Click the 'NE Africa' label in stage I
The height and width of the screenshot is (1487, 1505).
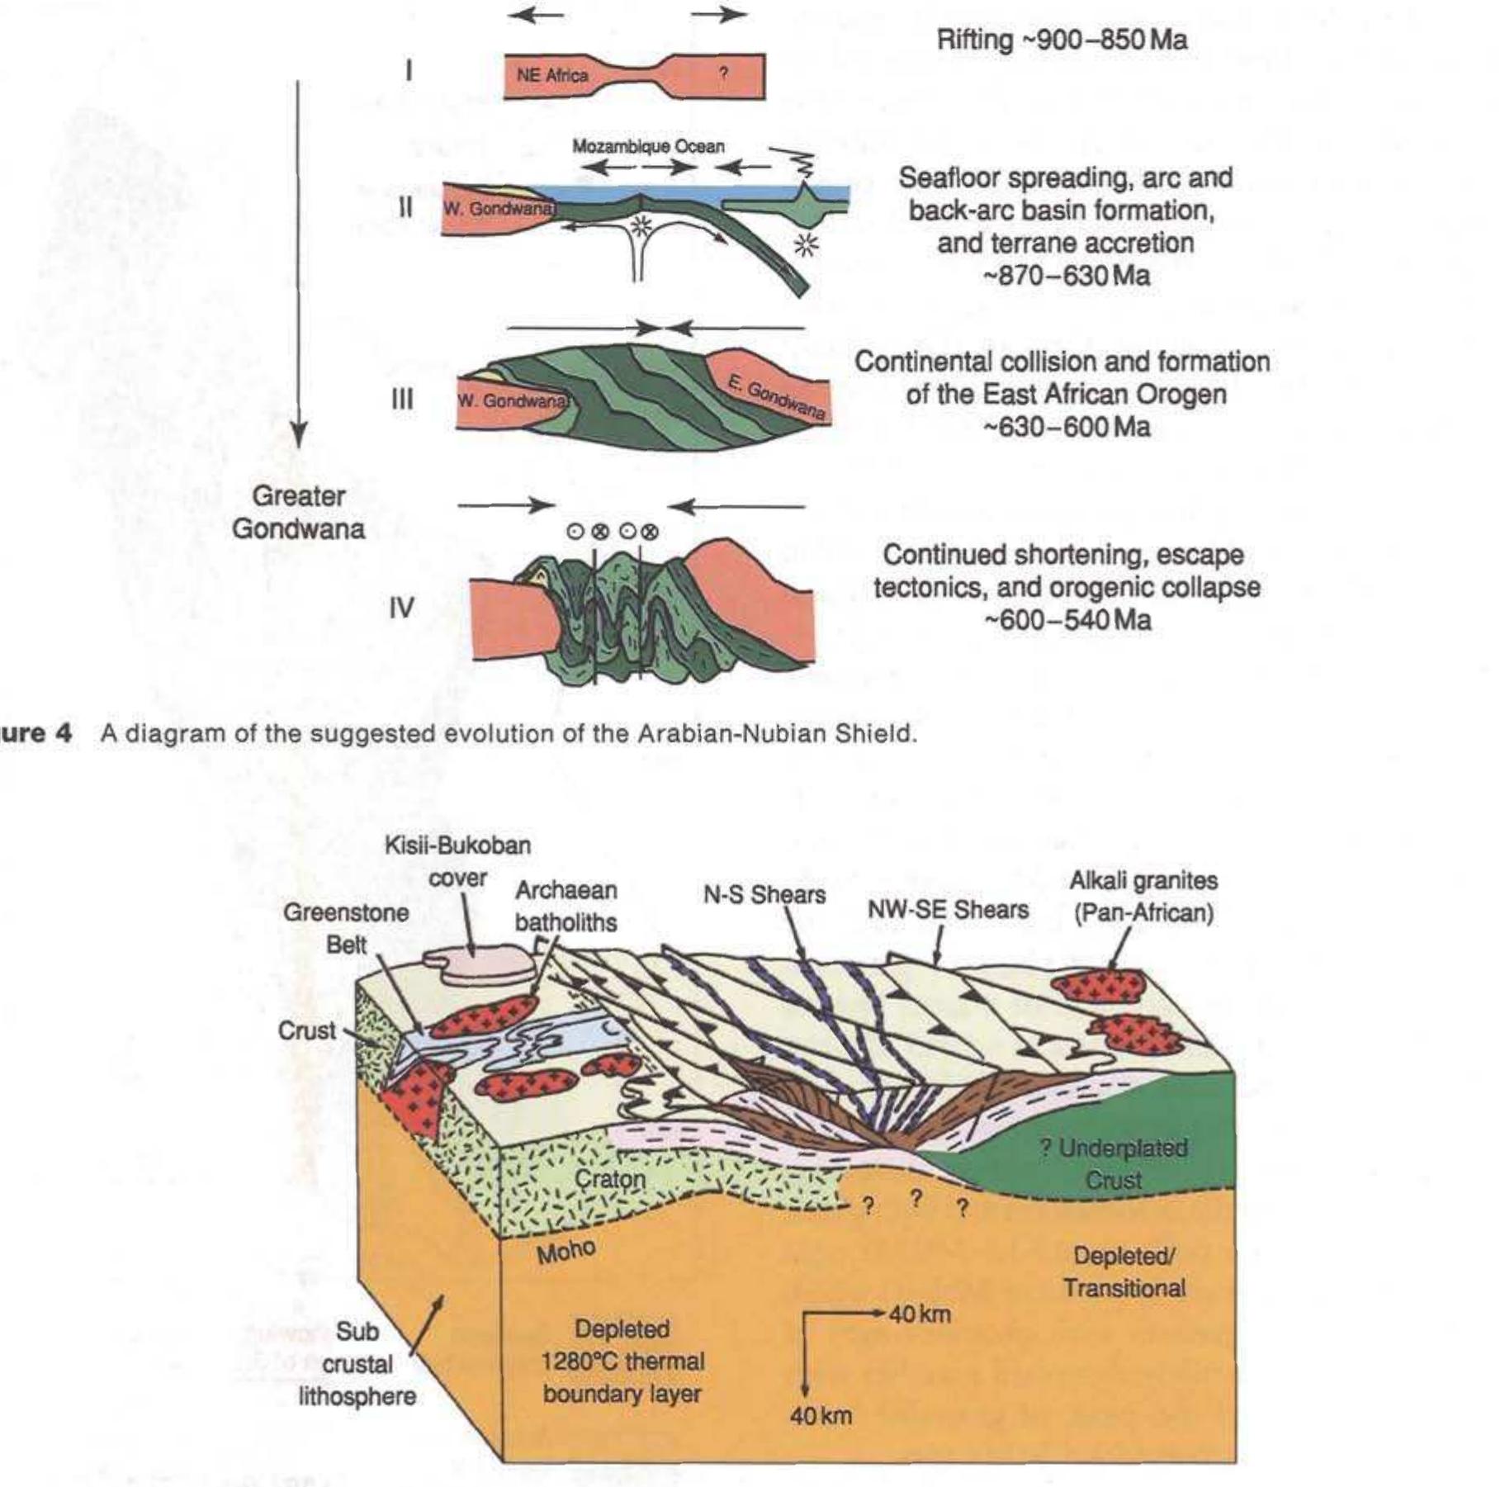tap(551, 75)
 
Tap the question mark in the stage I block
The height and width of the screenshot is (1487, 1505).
tap(722, 73)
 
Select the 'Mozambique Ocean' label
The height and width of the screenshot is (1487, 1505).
tap(648, 146)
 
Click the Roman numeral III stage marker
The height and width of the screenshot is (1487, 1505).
tap(402, 400)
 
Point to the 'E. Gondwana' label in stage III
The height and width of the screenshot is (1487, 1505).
tap(776, 396)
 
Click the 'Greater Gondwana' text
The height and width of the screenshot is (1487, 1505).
tap(298, 512)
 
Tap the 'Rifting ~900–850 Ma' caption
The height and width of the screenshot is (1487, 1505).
tap(1062, 40)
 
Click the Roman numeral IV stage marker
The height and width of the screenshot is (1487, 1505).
tap(401, 609)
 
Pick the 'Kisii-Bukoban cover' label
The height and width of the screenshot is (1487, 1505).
tap(458, 861)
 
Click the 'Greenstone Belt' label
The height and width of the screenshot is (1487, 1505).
tap(346, 928)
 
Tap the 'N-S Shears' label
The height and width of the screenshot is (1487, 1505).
tap(764, 895)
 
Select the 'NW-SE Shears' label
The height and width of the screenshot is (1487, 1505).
tap(948, 910)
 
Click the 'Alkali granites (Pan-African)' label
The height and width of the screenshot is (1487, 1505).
tap(1143, 897)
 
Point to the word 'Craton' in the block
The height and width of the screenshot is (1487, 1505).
tap(609, 1178)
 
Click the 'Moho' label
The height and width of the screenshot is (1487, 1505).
tap(566, 1252)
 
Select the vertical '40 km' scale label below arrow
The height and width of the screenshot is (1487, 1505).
tap(820, 1416)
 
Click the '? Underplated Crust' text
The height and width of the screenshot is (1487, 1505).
tap(1114, 1163)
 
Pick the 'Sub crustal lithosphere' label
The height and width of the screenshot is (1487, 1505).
tap(357, 1364)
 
